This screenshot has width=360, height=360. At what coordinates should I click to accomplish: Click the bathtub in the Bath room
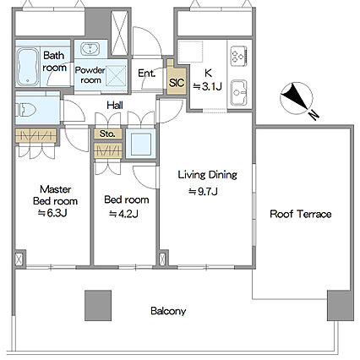[28, 67]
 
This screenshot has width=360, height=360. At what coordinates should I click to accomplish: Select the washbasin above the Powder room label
[90, 49]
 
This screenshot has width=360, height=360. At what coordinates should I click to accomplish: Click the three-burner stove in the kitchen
[239, 56]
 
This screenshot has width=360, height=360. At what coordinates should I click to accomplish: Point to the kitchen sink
[239, 93]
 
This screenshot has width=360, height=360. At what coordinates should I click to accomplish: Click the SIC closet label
[177, 83]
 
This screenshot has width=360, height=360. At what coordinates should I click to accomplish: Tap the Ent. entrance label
[146, 74]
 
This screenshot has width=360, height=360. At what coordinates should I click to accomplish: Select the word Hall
[115, 106]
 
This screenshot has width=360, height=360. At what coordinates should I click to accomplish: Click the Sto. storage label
[107, 134]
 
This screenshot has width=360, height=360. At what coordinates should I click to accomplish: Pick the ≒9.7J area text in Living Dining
[203, 192]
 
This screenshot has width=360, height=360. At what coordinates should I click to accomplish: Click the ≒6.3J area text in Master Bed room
[52, 214]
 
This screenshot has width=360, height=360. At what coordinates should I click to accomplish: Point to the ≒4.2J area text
[124, 215]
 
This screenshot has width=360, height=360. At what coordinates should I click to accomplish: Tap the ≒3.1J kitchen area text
[207, 87]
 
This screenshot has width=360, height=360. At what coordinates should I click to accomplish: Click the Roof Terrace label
[301, 214]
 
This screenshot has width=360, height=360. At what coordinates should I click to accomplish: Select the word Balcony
[168, 311]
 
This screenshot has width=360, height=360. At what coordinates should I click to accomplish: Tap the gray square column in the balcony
[98, 305]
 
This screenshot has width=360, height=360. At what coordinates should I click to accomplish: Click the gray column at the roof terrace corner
[341, 305]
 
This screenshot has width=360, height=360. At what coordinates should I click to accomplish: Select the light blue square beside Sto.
[140, 144]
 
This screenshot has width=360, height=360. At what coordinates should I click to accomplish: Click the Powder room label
[90, 75]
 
